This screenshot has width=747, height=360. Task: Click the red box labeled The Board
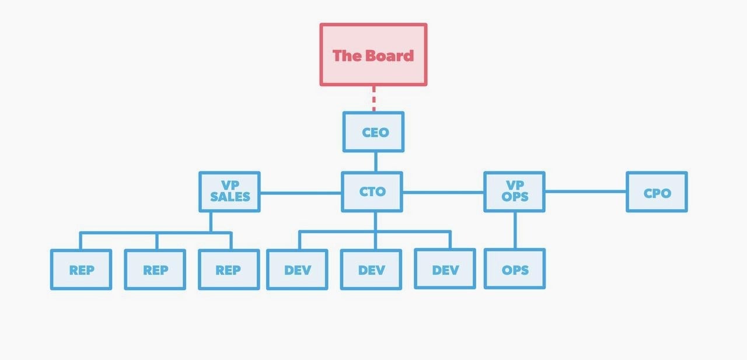coord(373,55)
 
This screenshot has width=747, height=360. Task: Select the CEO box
coord(373,132)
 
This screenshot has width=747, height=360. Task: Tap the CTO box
coord(372,191)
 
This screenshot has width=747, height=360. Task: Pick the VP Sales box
coord(229,191)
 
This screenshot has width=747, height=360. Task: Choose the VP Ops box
coord(515,191)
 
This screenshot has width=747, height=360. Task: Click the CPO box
coord(657,191)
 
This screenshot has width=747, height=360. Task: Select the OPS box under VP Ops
coord(515,268)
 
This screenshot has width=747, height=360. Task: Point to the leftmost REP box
coord(81,270)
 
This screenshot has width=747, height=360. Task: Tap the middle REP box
coord(155,270)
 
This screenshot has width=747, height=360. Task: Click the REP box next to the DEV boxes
coord(229,270)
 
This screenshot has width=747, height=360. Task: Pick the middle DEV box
coord(371,270)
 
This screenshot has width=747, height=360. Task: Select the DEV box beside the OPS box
coord(445,268)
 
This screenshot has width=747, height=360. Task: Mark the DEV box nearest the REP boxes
coord(297,270)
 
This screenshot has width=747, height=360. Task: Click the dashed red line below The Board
coord(373,99)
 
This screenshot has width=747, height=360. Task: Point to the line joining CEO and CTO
coord(376,162)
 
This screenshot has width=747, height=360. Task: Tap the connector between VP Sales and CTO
coord(301,193)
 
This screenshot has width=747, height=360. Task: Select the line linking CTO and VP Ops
coord(443,193)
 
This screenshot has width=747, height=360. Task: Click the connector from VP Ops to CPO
coord(585,191)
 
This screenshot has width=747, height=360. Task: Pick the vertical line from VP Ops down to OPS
coord(515,230)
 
